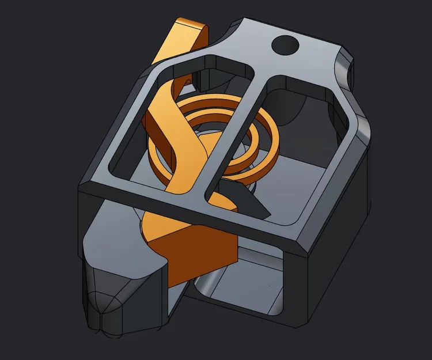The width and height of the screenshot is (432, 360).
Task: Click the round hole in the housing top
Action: coord(285,43)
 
